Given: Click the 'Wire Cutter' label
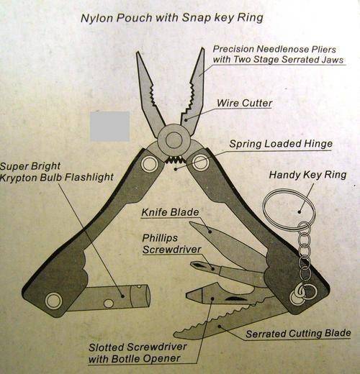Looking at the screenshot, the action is coord(244,103).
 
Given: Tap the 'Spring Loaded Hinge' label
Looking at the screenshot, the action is coord(281,144).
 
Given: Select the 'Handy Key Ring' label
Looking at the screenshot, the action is coord(307,175).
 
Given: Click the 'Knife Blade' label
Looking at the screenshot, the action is coord(170,212).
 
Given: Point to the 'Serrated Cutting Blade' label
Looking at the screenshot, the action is coord(298,333).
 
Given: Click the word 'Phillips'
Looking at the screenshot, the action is coord(160,238).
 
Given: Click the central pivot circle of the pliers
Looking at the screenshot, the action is coord(174,140).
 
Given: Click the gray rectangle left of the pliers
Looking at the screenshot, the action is coord(110,126).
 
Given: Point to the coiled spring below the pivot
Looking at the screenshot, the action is coord(175,160).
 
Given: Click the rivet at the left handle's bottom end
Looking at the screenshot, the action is coord(53,301).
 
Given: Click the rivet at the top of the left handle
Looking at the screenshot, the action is coord(149,165).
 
